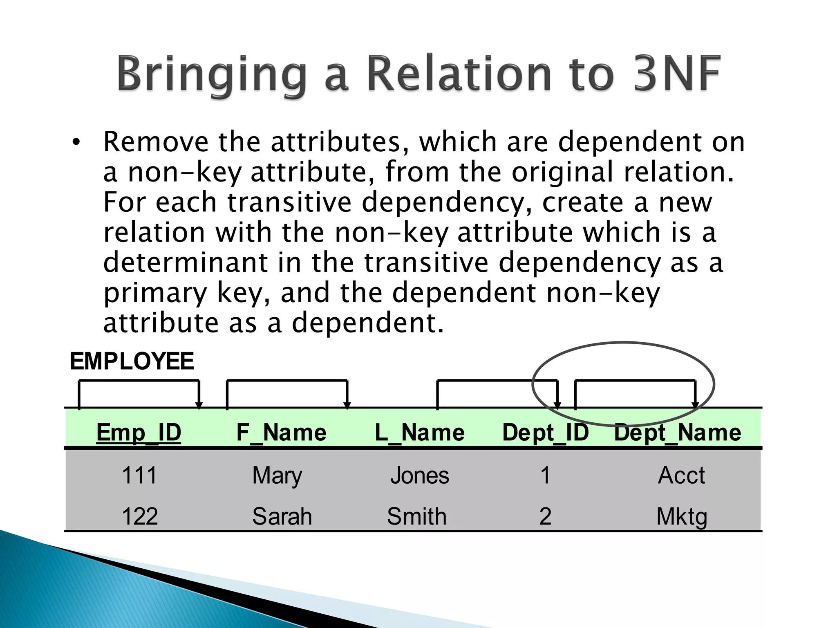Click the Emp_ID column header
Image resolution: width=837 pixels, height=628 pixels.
click(139, 432)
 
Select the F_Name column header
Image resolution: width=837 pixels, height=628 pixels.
click(282, 432)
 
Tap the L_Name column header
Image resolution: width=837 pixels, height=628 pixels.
click(420, 432)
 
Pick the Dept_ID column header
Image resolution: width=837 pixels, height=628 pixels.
click(545, 432)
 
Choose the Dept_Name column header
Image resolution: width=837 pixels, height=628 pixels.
click(678, 432)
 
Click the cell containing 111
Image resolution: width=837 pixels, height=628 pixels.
click(139, 475)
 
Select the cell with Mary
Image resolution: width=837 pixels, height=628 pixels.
click(277, 475)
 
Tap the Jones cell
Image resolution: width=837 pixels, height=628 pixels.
click(420, 475)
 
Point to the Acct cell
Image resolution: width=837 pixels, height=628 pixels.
click(681, 475)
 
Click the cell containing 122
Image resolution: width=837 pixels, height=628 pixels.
click(140, 516)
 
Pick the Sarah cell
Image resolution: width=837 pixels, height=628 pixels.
click(282, 516)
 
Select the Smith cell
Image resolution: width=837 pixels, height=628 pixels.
click(417, 516)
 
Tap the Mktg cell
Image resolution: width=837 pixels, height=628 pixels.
click(682, 517)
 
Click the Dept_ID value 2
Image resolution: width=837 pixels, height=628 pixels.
click(545, 516)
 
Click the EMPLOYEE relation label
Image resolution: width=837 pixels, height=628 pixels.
click(132, 361)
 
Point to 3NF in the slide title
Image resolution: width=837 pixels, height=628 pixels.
click(676, 74)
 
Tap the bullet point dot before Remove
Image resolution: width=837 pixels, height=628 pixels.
click(76, 143)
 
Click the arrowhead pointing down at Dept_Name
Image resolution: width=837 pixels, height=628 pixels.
click(695, 405)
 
